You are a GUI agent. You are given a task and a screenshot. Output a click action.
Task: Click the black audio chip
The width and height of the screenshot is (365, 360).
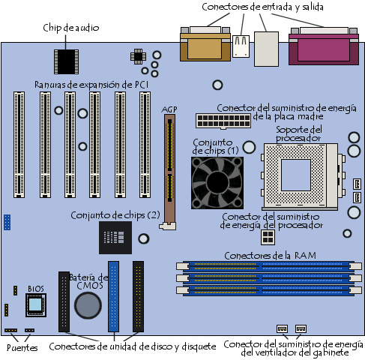point(66,60)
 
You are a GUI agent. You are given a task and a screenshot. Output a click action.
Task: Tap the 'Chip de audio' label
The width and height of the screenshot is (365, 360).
point(71,28)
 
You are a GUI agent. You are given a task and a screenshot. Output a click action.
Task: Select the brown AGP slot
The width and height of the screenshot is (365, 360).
point(169,169)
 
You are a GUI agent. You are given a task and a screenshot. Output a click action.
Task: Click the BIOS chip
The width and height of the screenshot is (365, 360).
point(35,304)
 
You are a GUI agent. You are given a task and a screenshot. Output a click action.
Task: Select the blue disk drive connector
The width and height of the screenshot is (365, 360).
point(114,295)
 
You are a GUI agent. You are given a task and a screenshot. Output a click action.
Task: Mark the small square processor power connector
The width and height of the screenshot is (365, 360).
point(267,237)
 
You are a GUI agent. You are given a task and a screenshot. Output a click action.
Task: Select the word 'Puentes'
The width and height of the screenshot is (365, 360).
point(21,347)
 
